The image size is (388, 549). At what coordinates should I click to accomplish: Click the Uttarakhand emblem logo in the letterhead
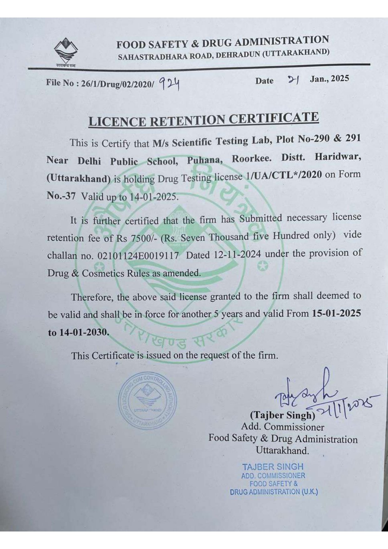pyautogui.click(x=65, y=52)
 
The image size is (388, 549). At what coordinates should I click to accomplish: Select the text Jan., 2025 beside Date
pyautogui.click(x=329, y=79)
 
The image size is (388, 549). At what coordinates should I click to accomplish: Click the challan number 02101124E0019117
pyautogui.click(x=138, y=256)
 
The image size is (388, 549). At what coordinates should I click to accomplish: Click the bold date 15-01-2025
pyautogui.click(x=336, y=313)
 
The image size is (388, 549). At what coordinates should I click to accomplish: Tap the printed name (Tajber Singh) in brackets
pyautogui.click(x=283, y=415)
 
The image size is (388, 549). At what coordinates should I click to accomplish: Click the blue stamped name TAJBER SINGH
pyautogui.click(x=273, y=467)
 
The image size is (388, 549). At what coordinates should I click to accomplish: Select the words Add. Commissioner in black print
pyautogui.click(x=283, y=427)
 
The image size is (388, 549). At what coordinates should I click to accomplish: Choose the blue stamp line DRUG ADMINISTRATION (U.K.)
pyautogui.click(x=274, y=492)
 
